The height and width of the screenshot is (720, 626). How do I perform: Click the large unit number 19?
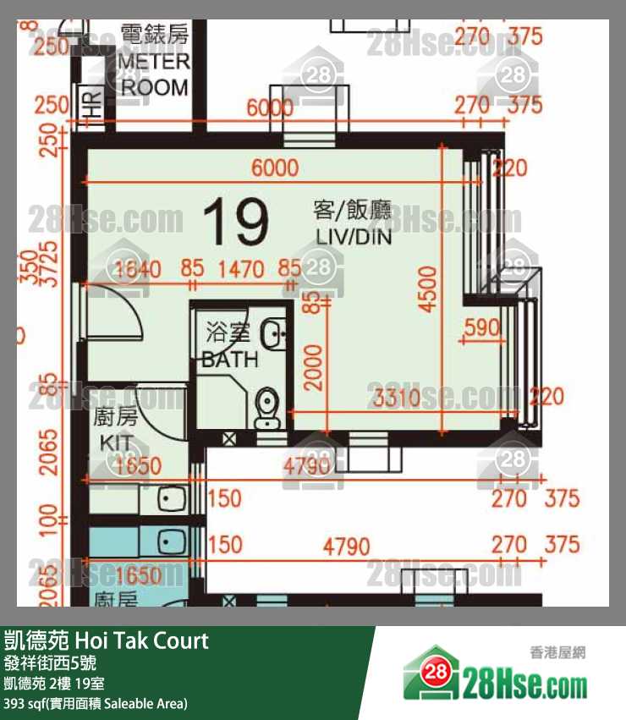pos(236,222)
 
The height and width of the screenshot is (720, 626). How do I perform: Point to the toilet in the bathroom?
pos(266,407)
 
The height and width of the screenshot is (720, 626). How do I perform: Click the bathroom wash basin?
pos(274,334)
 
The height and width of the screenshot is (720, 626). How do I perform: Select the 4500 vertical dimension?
pos(429,289)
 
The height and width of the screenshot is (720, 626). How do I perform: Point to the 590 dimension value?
pos(483,327)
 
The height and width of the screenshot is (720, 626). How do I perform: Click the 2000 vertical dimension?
pos(314,366)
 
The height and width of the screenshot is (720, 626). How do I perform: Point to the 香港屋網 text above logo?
pos(557,652)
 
